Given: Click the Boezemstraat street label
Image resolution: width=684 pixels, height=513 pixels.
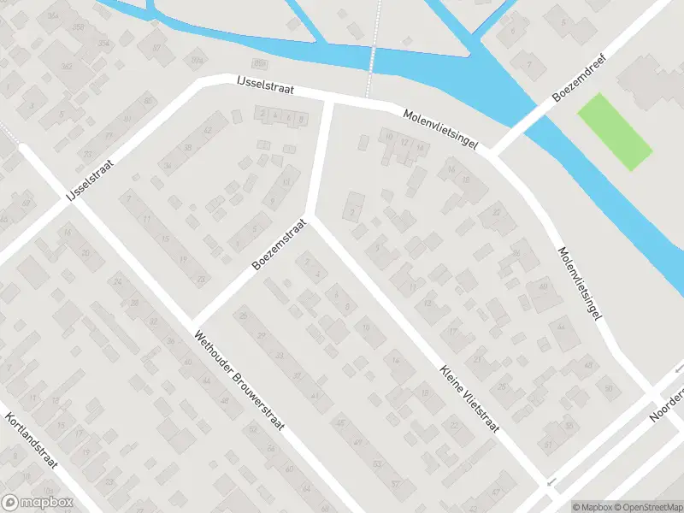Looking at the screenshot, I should pos(279,244).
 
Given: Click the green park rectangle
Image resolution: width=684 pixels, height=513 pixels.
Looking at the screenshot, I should pos(615,131).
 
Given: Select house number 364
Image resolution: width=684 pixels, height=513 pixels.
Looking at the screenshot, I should pos(54,16).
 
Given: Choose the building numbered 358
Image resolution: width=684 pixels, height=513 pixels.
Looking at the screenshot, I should pos(80,28).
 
